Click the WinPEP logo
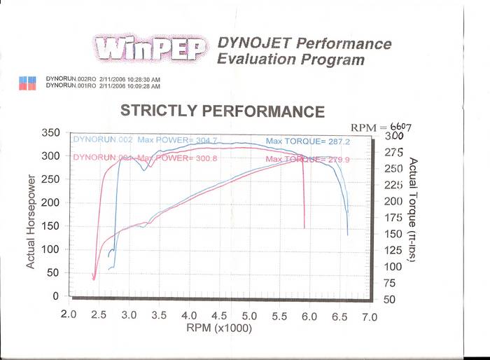click(x=148, y=48)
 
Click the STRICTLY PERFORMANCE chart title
click(x=223, y=111)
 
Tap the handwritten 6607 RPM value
click(x=392, y=127)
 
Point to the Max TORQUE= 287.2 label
click(x=297, y=141)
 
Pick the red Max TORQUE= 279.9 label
click(x=300, y=159)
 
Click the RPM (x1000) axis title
click(x=218, y=328)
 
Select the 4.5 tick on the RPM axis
click(x=218, y=315)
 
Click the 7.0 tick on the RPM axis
click(x=369, y=317)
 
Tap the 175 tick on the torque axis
click(x=394, y=218)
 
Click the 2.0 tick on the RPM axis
click(x=69, y=315)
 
